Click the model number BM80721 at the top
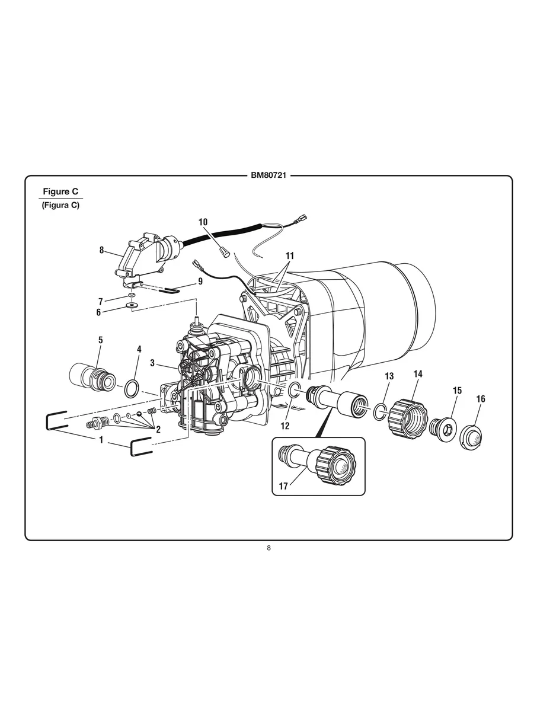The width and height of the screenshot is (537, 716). tap(268, 176)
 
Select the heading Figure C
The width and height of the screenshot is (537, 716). tap(60, 191)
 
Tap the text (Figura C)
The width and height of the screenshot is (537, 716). tap(60, 205)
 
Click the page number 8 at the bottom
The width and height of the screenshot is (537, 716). tap(268, 548)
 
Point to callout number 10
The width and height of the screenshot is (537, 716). tap(203, 222)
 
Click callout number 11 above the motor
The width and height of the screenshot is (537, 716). tap(289, 255)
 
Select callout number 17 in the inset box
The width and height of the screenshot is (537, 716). tap(284, 486)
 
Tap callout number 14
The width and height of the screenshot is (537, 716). tap(418, 374)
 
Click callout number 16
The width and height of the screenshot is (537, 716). tap(480, 399)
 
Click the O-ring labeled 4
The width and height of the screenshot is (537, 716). tap(133, 389)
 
